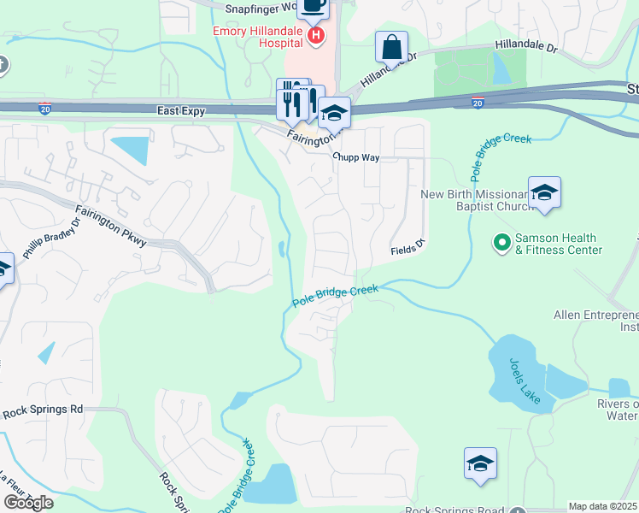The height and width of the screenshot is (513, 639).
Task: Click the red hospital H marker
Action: coord(316,35)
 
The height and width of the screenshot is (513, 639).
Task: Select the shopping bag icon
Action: coord(391,47)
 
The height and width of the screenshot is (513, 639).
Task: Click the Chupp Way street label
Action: coord(355,158)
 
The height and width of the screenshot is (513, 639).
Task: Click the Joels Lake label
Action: coord(522,376)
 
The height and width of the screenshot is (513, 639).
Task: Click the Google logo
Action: coord(28,503)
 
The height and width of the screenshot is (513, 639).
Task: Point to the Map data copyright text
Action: coord(603,506)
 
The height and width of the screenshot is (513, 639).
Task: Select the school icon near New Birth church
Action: coord(543,193)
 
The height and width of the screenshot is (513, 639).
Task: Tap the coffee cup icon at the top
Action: coord(313,7)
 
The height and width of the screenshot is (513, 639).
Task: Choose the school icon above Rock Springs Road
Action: coord(480,463)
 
